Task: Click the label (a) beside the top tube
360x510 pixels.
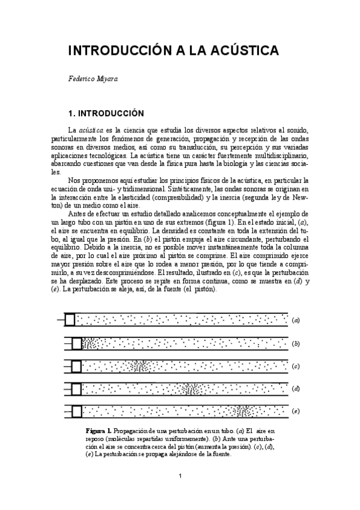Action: click(x=296, y=320)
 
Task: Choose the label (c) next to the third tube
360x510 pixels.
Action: click(x=296, y=366)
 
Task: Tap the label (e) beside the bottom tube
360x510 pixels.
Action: click(x=296, y=411)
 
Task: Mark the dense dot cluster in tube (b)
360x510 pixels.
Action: click(x=90, y=343)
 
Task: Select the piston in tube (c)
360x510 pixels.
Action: click(x=76, y=366)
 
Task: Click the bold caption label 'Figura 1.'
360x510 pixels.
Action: click(x=98, y=432)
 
